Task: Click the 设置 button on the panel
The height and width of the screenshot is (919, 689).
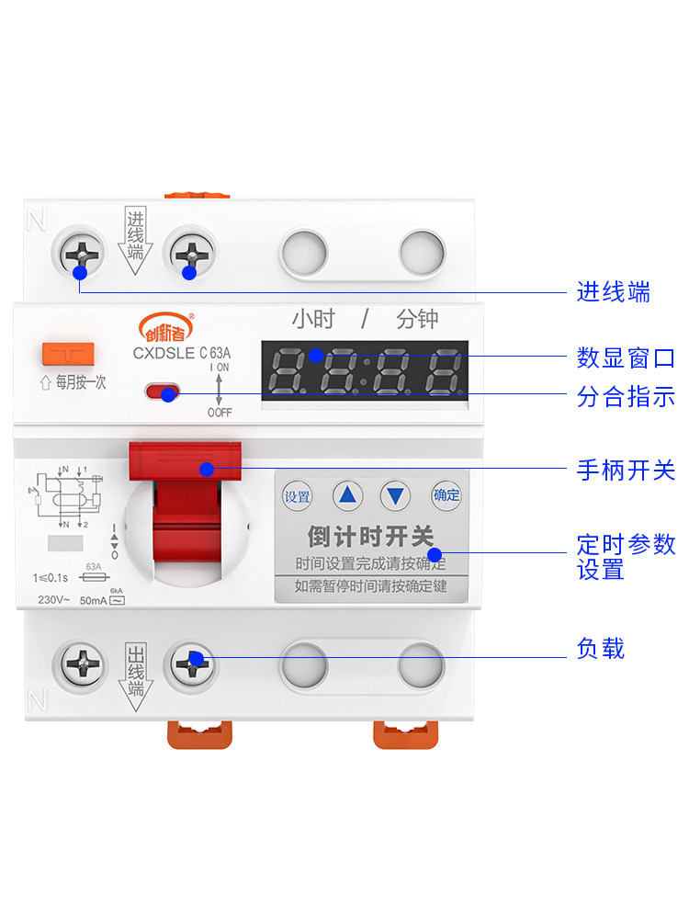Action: (297, 497)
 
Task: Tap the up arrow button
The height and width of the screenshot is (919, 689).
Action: (347, 497)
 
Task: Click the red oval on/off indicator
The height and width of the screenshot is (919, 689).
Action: (163, 392)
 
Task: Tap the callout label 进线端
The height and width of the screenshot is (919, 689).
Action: (614, 293)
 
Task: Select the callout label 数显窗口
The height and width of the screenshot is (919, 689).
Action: (626, 357)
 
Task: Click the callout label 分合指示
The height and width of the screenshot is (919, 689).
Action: (626, 397)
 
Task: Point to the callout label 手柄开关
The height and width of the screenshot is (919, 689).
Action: (626, 471)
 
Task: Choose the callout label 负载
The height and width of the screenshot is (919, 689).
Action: (601, 650)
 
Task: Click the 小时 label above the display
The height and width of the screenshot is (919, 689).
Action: (313, 320)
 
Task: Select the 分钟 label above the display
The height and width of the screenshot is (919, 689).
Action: (417, 320)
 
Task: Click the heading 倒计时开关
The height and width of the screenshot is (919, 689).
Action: (370, 536)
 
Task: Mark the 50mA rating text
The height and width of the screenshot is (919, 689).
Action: (92, 601)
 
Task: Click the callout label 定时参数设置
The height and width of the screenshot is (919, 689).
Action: (626, 557)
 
